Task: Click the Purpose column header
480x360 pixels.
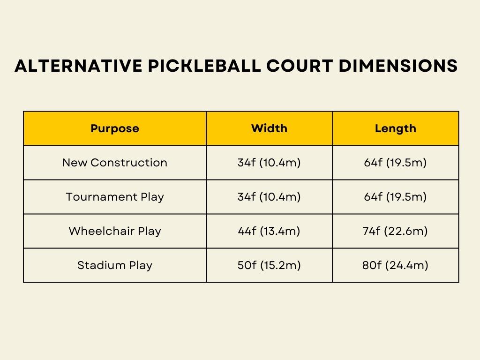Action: click(x=115, y=128)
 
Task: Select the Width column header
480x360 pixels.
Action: click(x=270, y=128)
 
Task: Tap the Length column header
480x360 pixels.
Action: click(x=396, y=128)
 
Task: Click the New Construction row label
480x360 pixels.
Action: click(x=115, y=163)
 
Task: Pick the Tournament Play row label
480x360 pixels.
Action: click(x=115, y=197)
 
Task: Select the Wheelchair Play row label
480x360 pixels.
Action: click(x=115, y=231)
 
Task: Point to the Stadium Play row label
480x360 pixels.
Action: click(x=115, y=265)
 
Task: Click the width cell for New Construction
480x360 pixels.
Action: click(x=270, y=163)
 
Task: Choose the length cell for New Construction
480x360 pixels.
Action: click(x=396, y=163)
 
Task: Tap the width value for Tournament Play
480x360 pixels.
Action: click(x=270, y=197)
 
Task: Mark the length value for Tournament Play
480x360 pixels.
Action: click(x=396, y=197)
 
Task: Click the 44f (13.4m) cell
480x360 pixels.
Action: click(x=270, y=231)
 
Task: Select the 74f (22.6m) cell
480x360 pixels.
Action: click(x=396, y=231)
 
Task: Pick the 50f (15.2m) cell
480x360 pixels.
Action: click(x=270, y=265)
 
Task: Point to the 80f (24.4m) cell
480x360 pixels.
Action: click(x=396, y=265)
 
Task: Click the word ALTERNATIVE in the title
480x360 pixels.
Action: click(x=78, y=66)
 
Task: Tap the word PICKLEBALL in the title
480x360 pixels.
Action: click(x=204, y=66)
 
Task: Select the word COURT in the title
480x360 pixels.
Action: click(x=300, y=66)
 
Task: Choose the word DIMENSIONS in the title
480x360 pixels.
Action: click(x=398, y=66)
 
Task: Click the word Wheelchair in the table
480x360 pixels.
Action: click(x=102, y=231)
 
